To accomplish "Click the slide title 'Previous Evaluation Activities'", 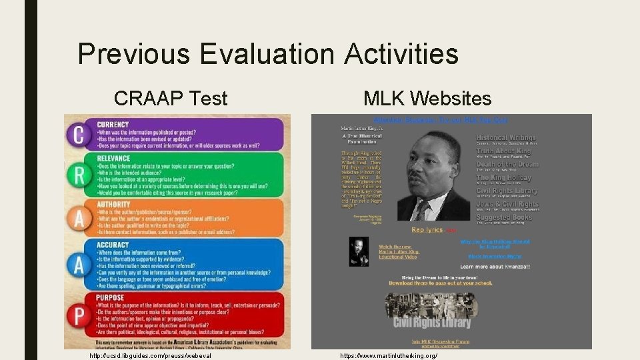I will pos(267,54).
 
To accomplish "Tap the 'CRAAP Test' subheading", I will pos(171,99).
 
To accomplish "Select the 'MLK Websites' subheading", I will pos(427,99).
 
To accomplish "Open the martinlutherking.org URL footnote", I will pos(389,356).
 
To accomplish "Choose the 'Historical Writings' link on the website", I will pos(506,138).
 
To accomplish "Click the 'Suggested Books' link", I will pos(505,217).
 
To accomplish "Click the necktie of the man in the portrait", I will pos(422,209).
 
